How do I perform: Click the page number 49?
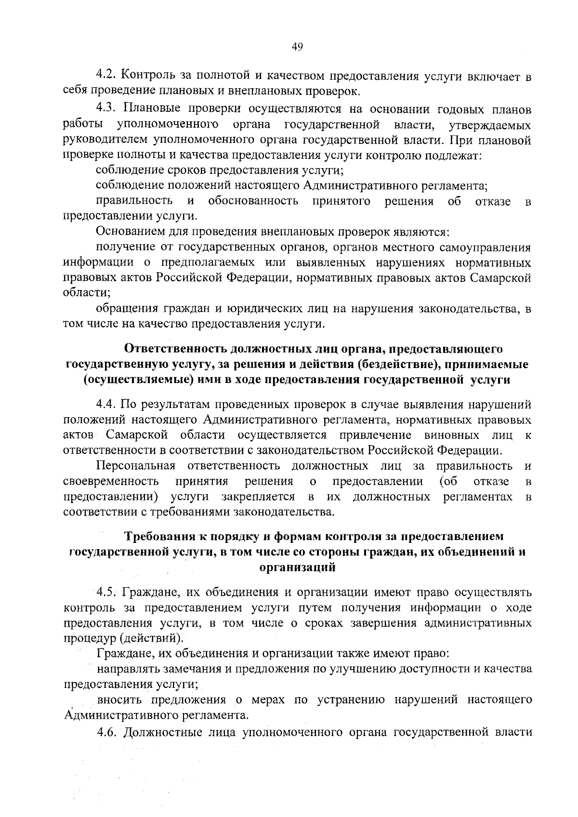pos(297,46)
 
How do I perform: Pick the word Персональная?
pos(135,466)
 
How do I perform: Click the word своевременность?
pos(111,481)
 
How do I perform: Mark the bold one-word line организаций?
pos(297,567)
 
